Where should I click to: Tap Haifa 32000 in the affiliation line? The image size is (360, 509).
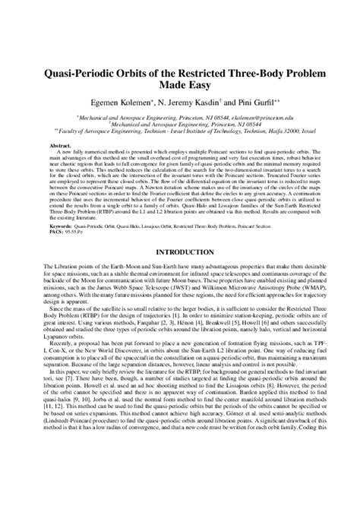282,131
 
